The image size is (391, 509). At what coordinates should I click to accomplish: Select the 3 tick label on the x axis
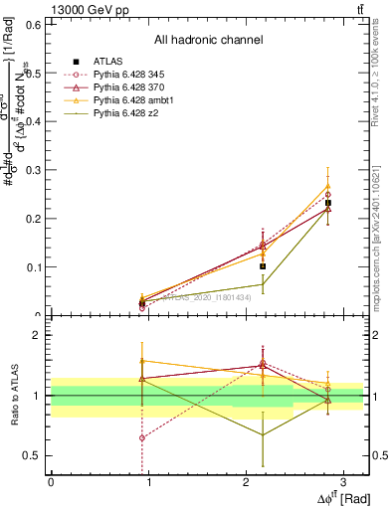pyautogui.click(x=342, y=481)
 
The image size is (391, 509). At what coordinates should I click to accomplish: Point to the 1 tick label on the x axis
pyautogui.click(x=148, y=481)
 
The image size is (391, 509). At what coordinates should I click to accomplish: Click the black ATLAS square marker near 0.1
pyautogui.click(x=263, y=266)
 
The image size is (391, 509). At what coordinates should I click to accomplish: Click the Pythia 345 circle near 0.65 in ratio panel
pyautogui.click(x=142, y=437)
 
